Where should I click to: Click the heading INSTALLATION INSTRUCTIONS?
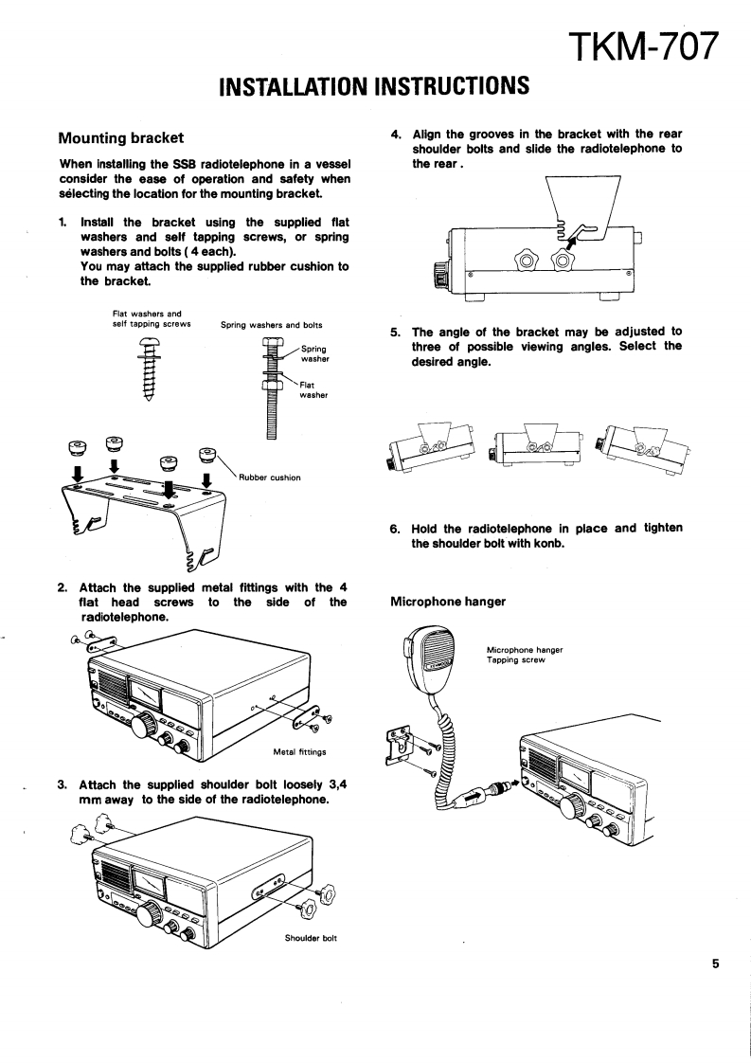pyautogui.click(x=373, y=86)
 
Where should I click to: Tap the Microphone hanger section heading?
pyautogui.click(x=448, y=602)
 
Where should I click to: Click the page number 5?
pyautogui.click(x=716, y=964)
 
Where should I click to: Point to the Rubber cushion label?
pyautogui.click(x=272, y=477)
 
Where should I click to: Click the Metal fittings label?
pyautogui.click(x=299, y=751)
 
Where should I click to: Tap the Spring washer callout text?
pyautogui.click(x=313, y=354)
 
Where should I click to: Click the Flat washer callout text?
pyautogui.click(x=313, y=389)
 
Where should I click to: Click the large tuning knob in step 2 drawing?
pyautogui.click(x=145, y=728)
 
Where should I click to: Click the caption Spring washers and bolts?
pyautogui.click(x=272, y=324)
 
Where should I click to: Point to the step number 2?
pyautogui.click(x=62, y=587)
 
